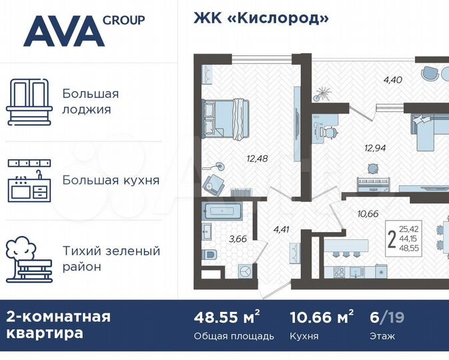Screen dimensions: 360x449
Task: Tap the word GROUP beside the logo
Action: tap(123, 19)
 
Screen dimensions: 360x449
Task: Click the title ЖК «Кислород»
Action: tap(261, 17)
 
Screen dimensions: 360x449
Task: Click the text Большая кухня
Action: tap(111, 180)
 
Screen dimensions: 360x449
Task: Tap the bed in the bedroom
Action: tap(225, 117)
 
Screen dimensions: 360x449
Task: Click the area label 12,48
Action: tap(258, 158)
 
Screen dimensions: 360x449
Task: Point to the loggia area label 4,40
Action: tap(392, 81)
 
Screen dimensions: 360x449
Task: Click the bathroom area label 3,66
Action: tap(238, 238)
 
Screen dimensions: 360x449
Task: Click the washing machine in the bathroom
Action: tap(244, 271)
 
